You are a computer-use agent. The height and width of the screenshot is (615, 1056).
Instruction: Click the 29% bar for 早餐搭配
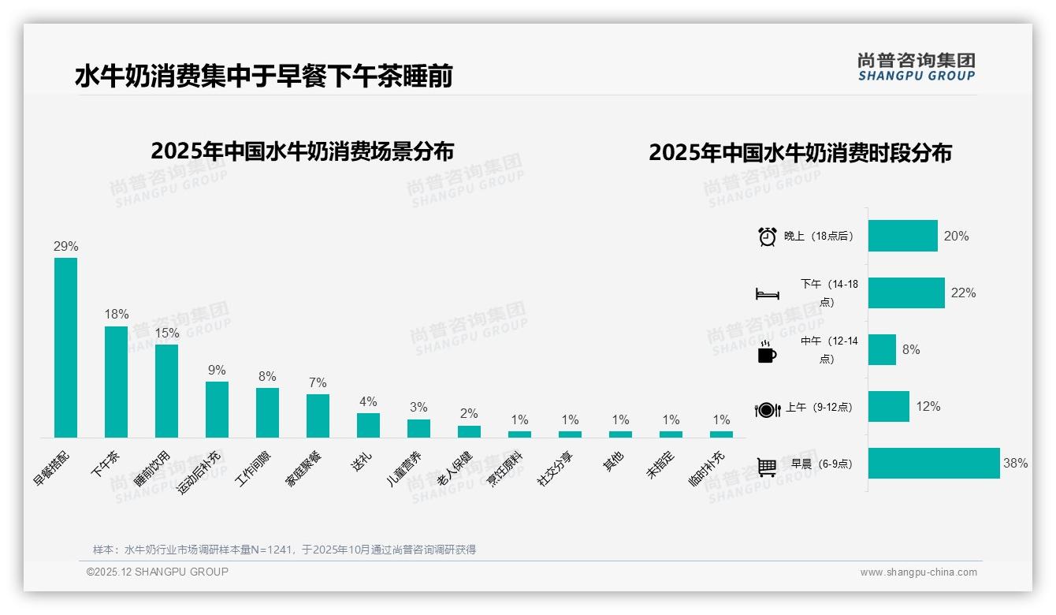coord(65,347)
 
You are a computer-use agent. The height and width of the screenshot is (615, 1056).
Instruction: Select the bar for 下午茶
coord(116,382)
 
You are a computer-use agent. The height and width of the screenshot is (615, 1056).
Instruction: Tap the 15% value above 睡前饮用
coord(166,334)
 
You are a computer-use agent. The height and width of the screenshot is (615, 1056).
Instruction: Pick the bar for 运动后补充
coord(217,409)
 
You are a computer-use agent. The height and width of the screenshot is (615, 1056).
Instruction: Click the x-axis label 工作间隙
coord(254,470)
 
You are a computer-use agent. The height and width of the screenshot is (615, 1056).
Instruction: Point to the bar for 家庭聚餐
coord(318,416)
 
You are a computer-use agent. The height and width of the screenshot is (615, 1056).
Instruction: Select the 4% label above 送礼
coord(368,401)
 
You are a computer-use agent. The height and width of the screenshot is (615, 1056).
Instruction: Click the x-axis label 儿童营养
coord(404,470)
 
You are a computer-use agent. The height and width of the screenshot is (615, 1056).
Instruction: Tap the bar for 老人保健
coord(469,431)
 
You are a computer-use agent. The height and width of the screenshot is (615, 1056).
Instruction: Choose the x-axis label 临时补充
coord(707,470)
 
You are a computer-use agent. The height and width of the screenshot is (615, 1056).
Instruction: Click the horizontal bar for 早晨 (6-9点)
coord(934,463)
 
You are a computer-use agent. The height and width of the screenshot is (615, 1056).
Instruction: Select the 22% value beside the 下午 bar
coord(963,293)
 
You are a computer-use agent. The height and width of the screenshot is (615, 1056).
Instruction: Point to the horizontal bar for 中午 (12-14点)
coord(882,349)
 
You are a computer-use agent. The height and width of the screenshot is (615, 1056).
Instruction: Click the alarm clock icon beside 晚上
coord(767,236)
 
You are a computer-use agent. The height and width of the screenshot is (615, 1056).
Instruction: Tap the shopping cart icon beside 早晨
coord(767,466)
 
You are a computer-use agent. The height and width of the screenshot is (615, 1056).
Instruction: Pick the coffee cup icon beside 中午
coord(767,352)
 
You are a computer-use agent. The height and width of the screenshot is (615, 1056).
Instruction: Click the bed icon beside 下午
coord(767,294)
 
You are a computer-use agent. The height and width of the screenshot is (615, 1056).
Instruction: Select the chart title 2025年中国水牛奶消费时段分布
coord(800,152)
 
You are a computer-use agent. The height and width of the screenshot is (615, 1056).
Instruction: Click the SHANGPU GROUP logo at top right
coord(917,67)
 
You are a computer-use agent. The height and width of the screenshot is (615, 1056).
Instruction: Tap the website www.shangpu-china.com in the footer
coord(918,572)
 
